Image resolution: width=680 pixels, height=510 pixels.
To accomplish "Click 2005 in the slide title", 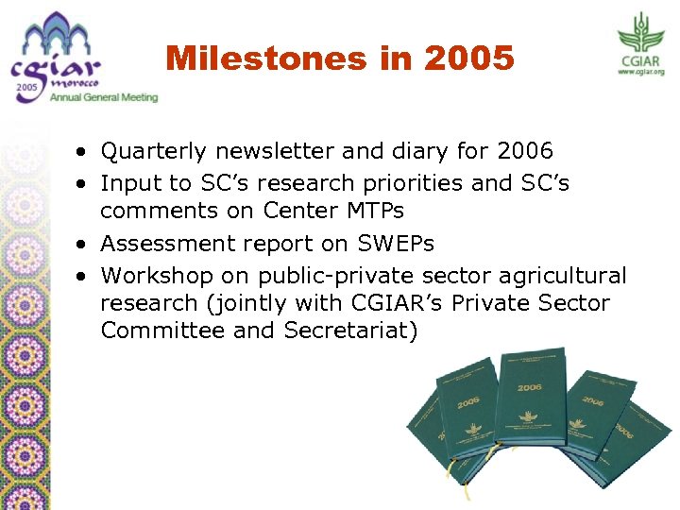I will [x=469, y=59].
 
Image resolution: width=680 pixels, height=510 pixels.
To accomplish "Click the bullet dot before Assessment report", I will [x=84, y=245].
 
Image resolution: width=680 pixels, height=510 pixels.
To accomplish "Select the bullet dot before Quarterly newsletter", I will [x=84, y=152].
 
